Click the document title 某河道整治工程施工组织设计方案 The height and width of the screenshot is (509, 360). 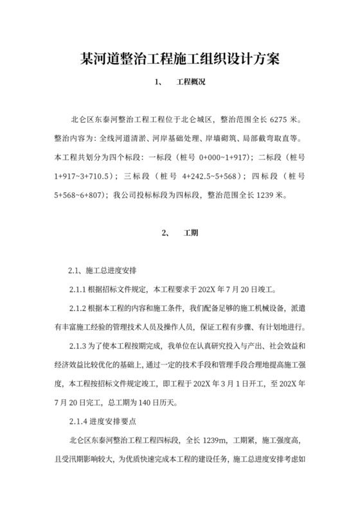pos(179,59)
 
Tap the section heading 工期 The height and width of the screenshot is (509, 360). pos(190,233)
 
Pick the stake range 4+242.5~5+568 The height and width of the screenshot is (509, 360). pos(212,175)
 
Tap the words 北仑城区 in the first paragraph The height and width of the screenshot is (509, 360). pos(197,120)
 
